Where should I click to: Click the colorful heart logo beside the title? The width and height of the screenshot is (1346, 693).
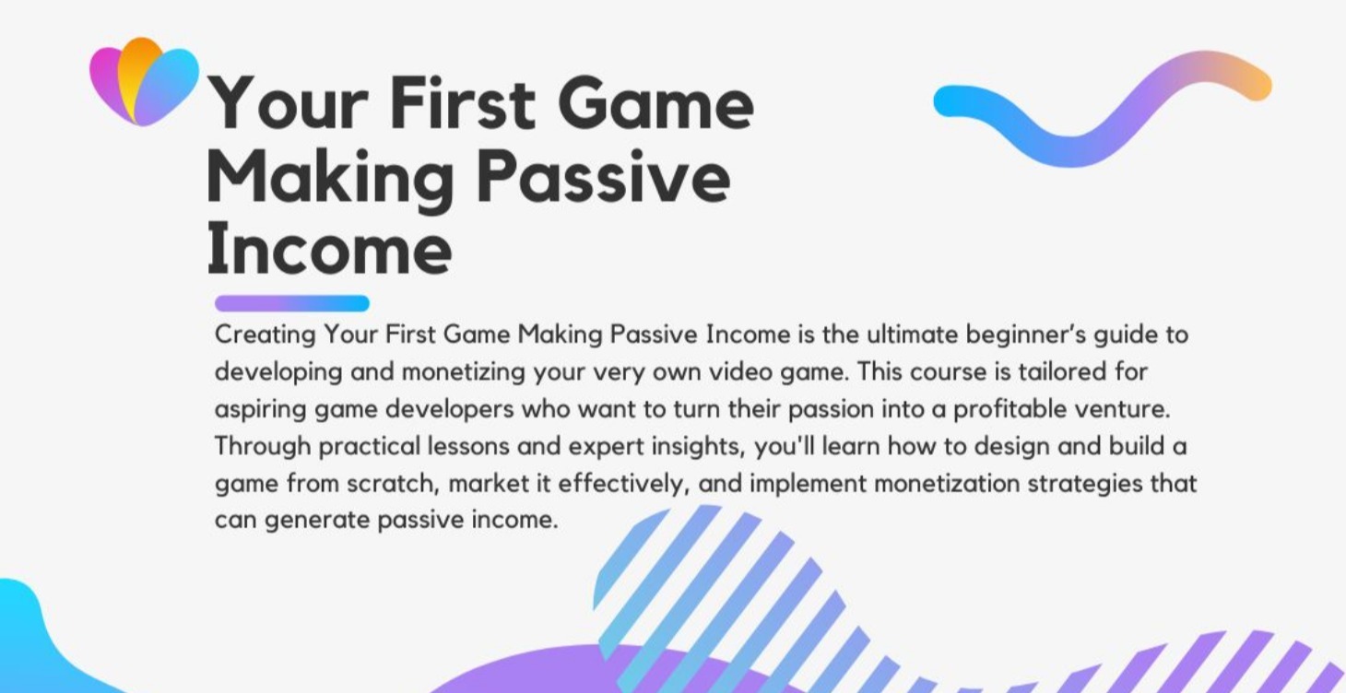(x=144, y=81)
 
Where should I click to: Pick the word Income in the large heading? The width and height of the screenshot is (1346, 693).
(x=329, y=250)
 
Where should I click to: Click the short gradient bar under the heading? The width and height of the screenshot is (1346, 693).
(x=291, y=303)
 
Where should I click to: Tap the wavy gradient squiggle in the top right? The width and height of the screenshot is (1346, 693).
(x=1102, y=107)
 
